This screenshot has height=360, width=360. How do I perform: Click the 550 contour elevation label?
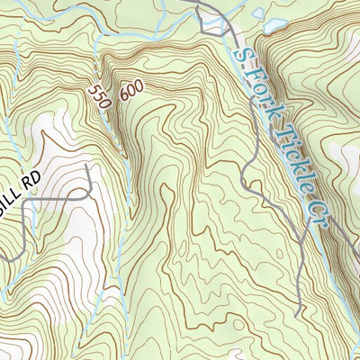tap(99, 97)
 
